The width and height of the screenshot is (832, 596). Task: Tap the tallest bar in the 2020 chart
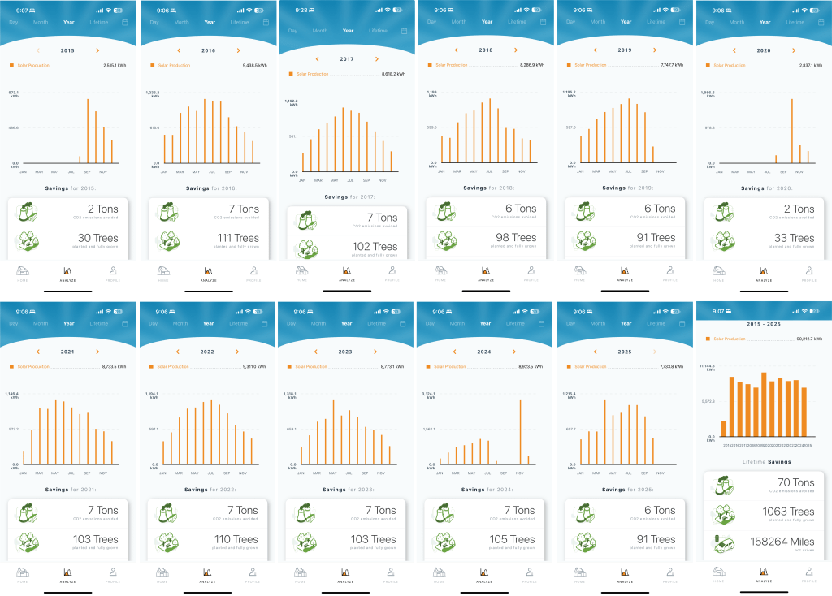coord(791,130)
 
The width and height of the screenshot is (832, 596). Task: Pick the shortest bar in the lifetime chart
coord(724,430)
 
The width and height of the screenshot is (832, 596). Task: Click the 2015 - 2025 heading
coord(765,325)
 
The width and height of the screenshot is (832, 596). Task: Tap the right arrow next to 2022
coord(236,352)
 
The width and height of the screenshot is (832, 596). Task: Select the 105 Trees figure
coord(512,539)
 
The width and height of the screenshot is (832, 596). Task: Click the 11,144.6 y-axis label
coord(707,367)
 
